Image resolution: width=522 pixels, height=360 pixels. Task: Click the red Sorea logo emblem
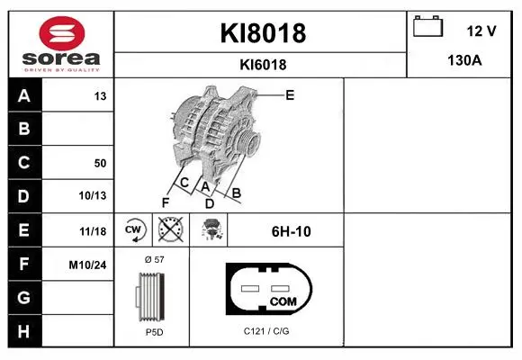[62, 33]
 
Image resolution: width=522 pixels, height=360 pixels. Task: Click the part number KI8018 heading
[263, 33]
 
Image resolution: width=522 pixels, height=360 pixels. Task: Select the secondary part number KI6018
[263, 65]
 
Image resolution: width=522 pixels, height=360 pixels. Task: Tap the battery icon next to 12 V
[427, 26]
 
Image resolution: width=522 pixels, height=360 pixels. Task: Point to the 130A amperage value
[464, 60]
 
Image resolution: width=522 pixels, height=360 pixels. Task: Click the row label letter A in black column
[24, 96]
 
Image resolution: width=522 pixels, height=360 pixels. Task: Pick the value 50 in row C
[100, 163]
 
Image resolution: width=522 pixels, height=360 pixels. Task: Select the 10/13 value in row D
[93, 195]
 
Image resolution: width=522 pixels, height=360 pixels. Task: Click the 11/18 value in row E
[93, 231]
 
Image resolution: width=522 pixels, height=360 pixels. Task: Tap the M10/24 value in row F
[87, 265]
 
